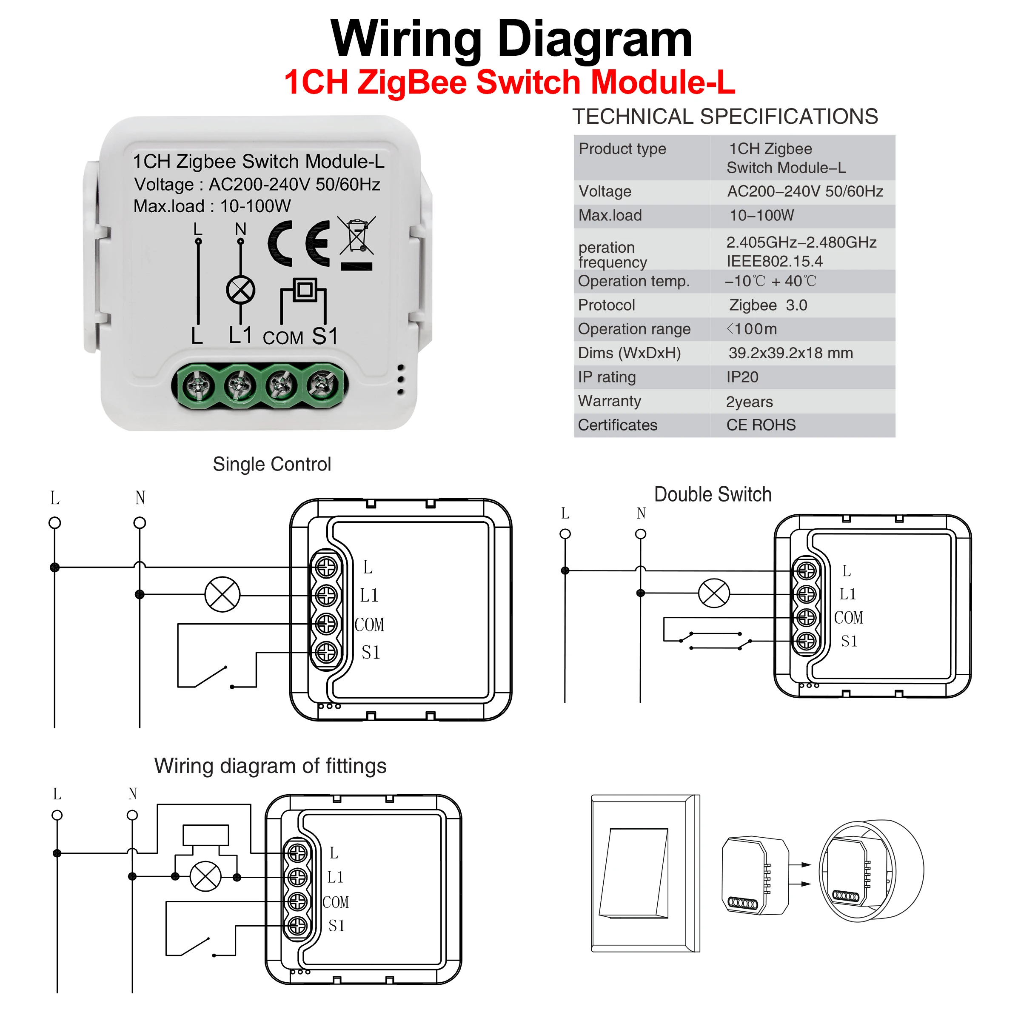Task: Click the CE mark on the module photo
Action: click(x=299, y=243)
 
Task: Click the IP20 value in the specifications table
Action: click(x=742, y=377)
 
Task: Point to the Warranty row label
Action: click(x=609, y=401)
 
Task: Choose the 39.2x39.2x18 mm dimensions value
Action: click(x=790, y=353)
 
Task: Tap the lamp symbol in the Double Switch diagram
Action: click(x=714, y=593)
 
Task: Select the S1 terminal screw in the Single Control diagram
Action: click(x=326, y=652)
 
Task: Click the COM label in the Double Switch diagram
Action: click(x=848, y=617)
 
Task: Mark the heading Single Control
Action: click(x=272, y=464)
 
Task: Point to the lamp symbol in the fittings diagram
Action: click(x=205, y=877)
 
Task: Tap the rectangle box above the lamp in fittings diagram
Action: click(x=205, y=836)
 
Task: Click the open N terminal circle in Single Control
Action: click(x=140, y=523)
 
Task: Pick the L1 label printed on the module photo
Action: click(x=240, y=335)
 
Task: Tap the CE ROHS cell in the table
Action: click(x=761, y=425)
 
